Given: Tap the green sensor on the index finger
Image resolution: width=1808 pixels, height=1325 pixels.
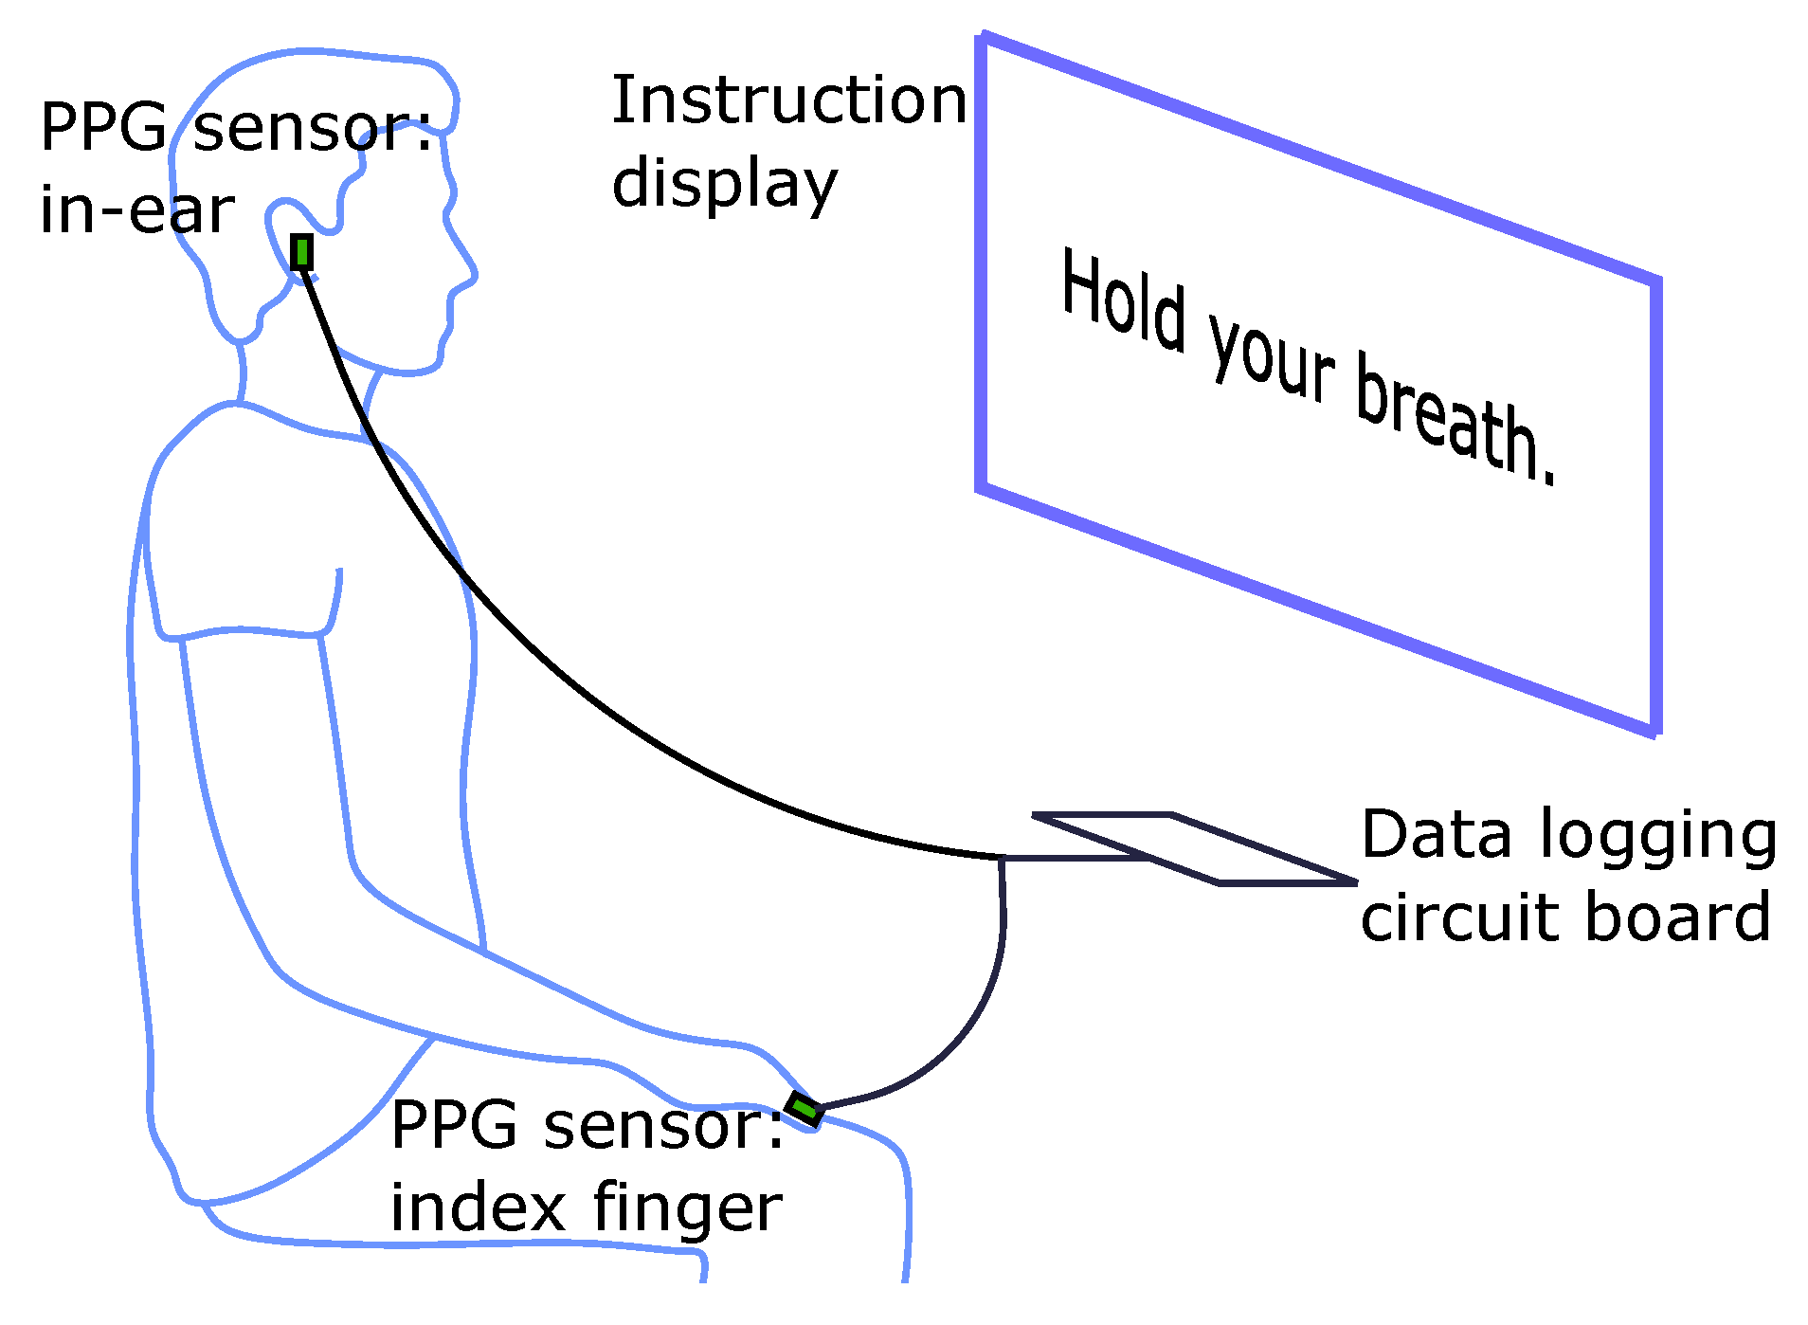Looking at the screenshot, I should point(805,1108).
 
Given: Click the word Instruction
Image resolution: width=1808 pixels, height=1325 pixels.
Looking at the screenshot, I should point(788,100).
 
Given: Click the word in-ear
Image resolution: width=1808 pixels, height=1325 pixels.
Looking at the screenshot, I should point(136,210).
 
